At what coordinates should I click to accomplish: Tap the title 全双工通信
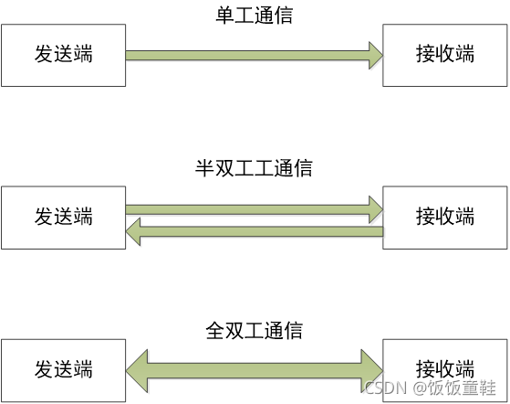tap(255, 329)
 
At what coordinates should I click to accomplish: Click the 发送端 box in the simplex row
tap(63, 55)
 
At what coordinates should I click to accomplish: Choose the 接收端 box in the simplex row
tap(445, 55)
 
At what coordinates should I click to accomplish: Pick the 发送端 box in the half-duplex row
tap(63, 218)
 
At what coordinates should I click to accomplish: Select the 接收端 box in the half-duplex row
tap(445, 218)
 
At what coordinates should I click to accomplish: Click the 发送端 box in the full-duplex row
tap(63, 370)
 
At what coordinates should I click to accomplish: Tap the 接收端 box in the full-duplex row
tap(445, 370)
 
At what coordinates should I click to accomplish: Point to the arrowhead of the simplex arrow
tap(374, 55)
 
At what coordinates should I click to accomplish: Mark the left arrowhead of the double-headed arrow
tap(137, 370)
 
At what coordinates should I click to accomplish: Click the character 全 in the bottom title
tap(215, 329)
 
